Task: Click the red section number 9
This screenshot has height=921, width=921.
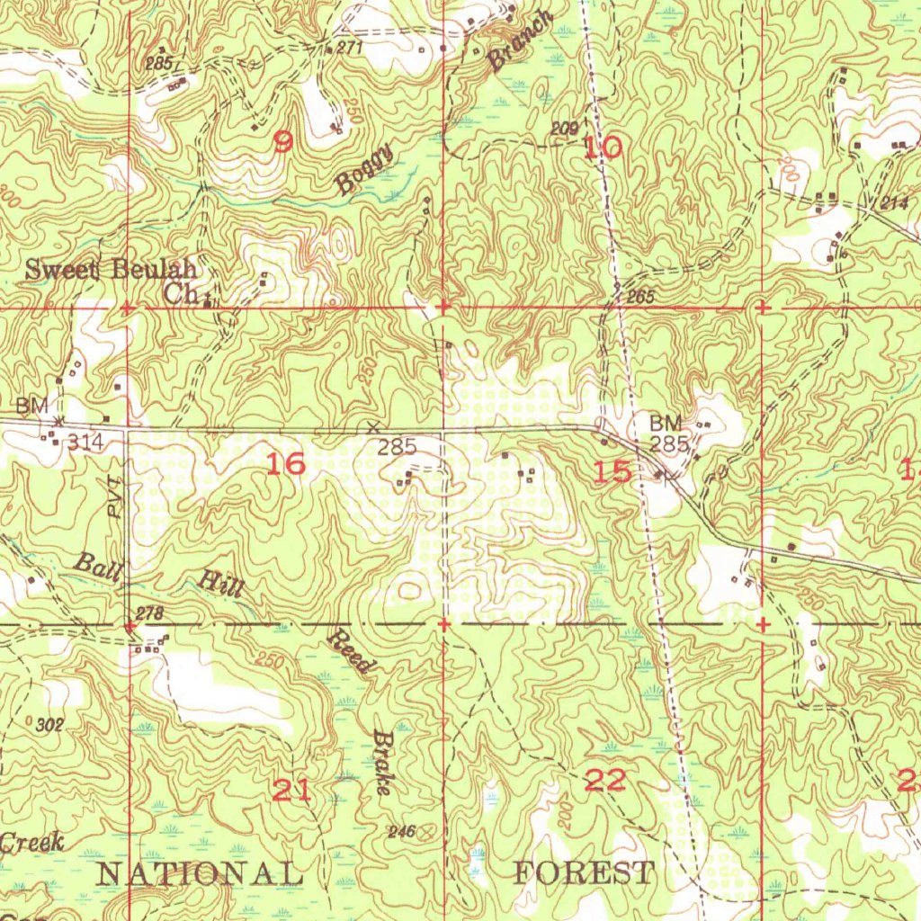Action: (x=283, y=142)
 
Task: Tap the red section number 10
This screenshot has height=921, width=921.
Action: (x=603, y=148)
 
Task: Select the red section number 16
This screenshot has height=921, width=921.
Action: (x=287, y=464)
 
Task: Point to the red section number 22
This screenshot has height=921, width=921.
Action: (x=605, y=781)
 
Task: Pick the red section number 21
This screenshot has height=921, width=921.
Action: (x=291, y=791)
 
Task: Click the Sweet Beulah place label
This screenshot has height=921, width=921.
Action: (x=110, y=269)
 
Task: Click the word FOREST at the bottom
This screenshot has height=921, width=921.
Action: (x=584, y=872)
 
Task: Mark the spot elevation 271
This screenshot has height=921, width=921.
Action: (x=348, y=48)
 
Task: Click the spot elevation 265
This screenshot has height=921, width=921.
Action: (x=640, y=297)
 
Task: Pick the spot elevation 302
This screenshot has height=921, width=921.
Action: (x=49, y=725)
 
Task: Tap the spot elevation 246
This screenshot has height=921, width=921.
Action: (x=401, y=832)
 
